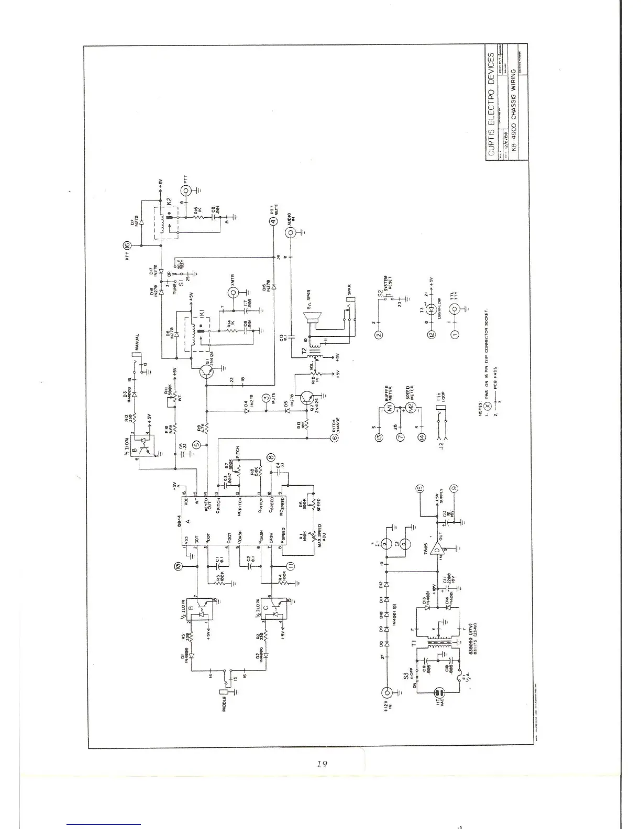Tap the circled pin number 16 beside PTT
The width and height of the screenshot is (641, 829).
click(126, 244)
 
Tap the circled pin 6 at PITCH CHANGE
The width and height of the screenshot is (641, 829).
click(334, 439)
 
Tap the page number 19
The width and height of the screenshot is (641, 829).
click(322, 764)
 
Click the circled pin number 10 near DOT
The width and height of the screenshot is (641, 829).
click(178, 566)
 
